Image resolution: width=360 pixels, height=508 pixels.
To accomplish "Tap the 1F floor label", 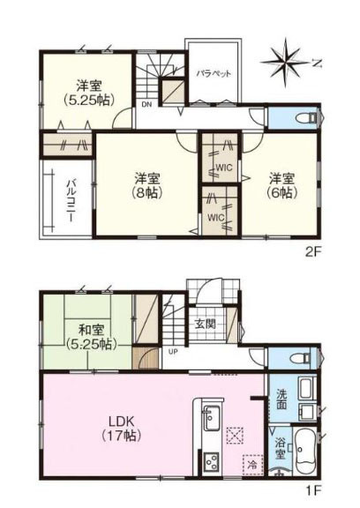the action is tap(313, 498).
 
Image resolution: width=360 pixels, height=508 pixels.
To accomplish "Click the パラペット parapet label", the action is tap(214, 73).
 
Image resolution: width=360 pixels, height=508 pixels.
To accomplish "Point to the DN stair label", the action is tap(146, 104).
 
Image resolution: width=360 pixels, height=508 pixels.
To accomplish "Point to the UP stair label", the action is tap(173, 352).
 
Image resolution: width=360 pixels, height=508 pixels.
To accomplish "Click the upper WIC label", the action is tap(224, 168).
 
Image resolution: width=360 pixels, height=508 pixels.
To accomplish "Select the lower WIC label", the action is tap(216, 217).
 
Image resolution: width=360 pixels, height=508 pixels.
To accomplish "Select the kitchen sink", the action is tap(211, 418).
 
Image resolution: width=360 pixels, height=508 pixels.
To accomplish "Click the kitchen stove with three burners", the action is tap(212, 461).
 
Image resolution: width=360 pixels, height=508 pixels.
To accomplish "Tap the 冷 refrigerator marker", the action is tap(252, 466).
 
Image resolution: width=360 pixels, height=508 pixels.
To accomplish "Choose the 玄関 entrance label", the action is tap(205, 324).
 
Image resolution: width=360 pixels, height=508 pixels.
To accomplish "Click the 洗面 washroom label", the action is tap(281, 399).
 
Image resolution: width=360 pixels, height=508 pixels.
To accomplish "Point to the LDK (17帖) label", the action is tap(122, 429).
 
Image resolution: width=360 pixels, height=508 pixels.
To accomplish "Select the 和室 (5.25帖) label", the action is tap(92, 337).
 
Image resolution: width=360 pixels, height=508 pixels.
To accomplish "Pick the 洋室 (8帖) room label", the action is tap(147, 185).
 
